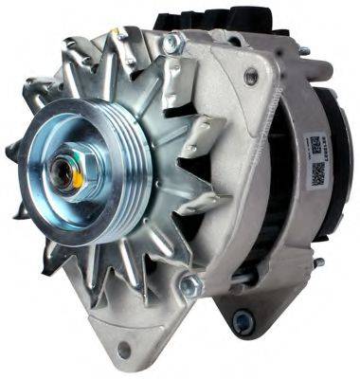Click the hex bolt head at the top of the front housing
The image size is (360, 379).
[171, 44]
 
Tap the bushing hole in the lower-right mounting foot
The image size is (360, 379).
[243, 323]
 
